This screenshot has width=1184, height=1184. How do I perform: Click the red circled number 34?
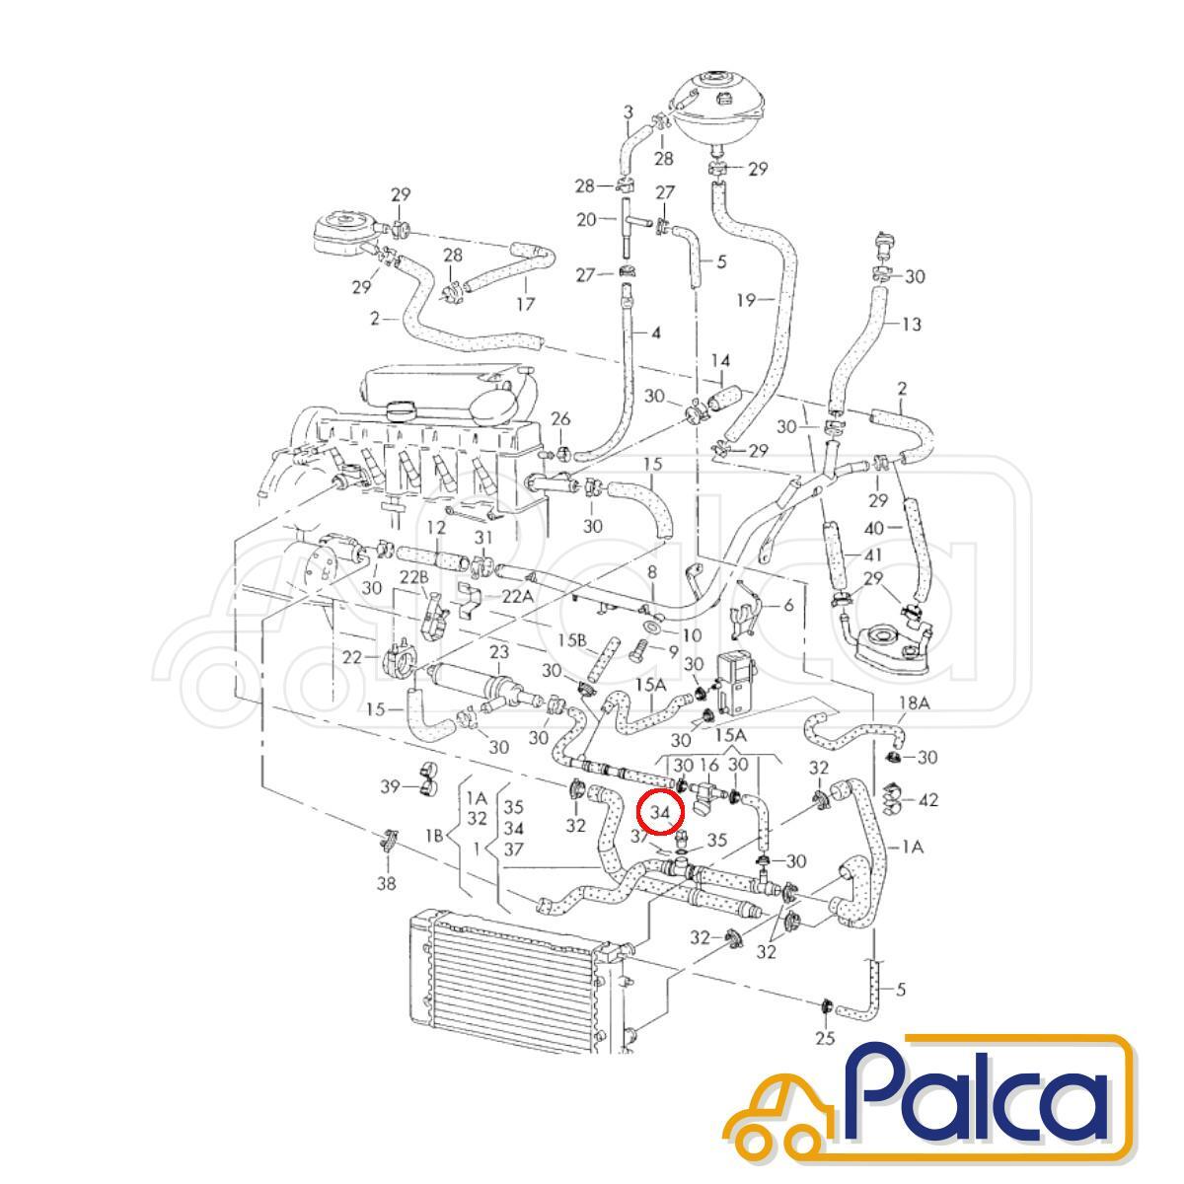point(660,812)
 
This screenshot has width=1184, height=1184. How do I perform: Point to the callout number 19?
point(747,301)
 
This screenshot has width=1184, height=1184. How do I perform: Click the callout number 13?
point(912,324)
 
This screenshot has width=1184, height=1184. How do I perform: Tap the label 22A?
point(518,595)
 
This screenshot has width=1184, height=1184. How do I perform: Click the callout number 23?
point(499,651)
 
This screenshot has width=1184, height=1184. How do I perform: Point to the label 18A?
point(915,703)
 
